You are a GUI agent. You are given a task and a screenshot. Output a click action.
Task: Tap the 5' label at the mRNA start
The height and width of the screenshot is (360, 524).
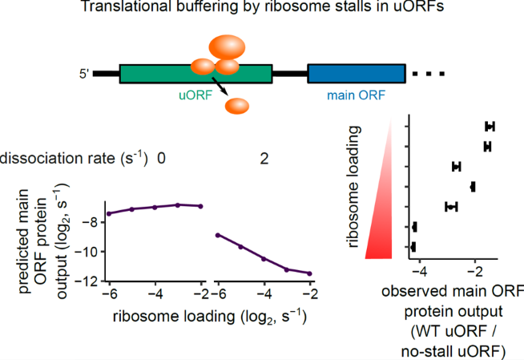(83, 75)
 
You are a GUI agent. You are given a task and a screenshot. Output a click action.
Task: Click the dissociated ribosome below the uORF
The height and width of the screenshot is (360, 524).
(238, 105)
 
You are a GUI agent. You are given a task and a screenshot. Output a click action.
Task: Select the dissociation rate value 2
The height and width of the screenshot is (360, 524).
(264, 159)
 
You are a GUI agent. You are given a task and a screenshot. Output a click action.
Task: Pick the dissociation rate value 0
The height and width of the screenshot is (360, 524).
(161, 159)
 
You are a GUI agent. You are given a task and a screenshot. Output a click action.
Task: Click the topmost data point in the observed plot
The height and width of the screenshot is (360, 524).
(490, 127)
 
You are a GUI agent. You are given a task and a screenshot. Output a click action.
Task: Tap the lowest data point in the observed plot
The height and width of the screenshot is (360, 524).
(413, 247)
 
